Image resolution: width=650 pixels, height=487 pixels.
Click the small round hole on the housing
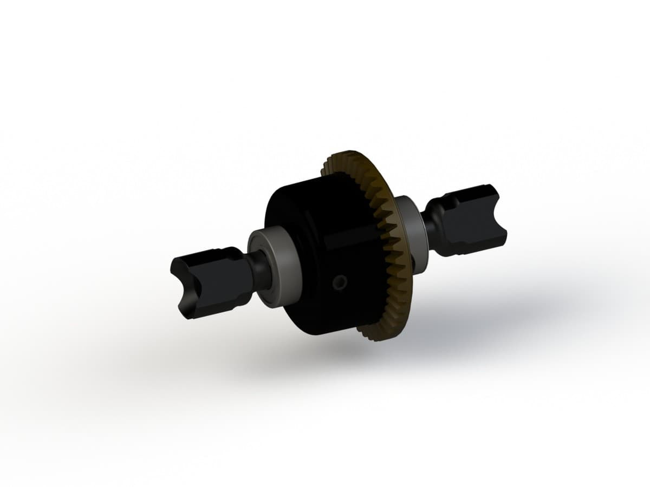(x=340, y=281)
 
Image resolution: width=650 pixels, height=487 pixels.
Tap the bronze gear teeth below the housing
(x=374, y=330)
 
